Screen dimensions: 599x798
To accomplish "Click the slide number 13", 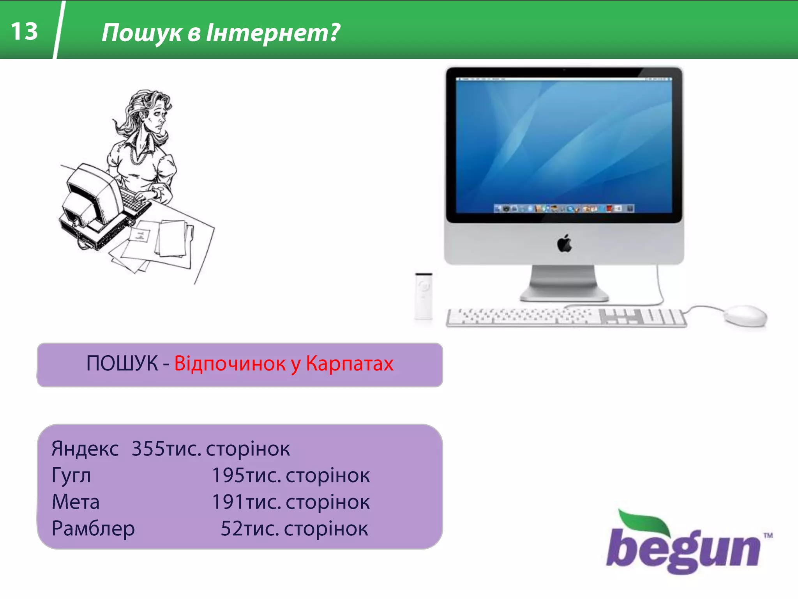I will coord(24,31).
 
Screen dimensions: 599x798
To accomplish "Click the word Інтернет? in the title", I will coord(273,32).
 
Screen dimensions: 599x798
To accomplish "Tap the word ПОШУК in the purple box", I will coord(122,363).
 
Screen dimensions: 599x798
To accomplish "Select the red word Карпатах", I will coord(350,363).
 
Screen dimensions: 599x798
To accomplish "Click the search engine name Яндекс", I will coord(85,448).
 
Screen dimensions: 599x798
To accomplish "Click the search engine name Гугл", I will coord(71,475).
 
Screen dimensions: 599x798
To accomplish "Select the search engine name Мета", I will coord(76,502).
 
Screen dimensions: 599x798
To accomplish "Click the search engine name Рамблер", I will coord(93,528).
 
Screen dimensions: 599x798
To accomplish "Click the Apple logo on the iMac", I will coord(564,244).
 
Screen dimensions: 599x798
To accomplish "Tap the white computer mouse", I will coord(745,315).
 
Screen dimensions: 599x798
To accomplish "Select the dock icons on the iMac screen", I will coord(564,209).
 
